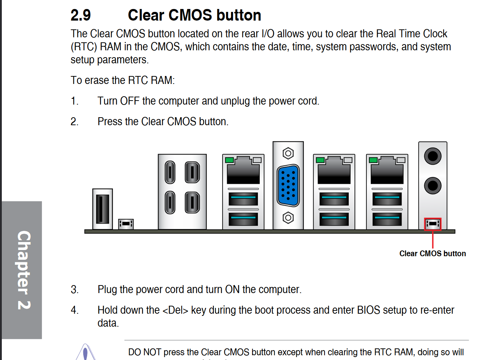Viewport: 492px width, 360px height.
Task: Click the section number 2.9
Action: [x=80, y=16]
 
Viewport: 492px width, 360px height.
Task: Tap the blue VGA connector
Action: [x=288, y=185]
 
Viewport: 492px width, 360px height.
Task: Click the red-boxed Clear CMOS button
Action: [x=432, y=224]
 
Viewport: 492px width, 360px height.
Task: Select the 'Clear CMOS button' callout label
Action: [x=432, y=254]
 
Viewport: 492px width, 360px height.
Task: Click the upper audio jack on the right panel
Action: [x=432, y=156]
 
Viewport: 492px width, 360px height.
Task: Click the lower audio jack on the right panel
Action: [x=432, y=186]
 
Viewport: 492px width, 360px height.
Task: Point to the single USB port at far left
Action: [x=102, y=209]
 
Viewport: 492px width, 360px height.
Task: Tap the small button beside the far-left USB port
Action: [x=126, y=224]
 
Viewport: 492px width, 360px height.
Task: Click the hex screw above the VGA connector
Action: [x=288, y=153]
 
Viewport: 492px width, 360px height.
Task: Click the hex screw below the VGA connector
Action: [x=288, y=218]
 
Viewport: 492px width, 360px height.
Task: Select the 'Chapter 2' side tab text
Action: [x=24, y=270]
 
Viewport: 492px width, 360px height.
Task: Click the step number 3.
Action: [x=75, y=290]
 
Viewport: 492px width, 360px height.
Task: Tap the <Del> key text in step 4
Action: [x=175, y=310]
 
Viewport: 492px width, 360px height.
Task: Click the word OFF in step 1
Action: [x=130, y=101]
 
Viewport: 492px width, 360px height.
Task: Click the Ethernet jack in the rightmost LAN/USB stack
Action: [x=387, y=172]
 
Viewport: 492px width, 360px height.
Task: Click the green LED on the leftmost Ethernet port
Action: [x=229, y=160]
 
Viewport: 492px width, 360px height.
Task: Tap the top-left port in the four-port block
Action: [x=170, y=172]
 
